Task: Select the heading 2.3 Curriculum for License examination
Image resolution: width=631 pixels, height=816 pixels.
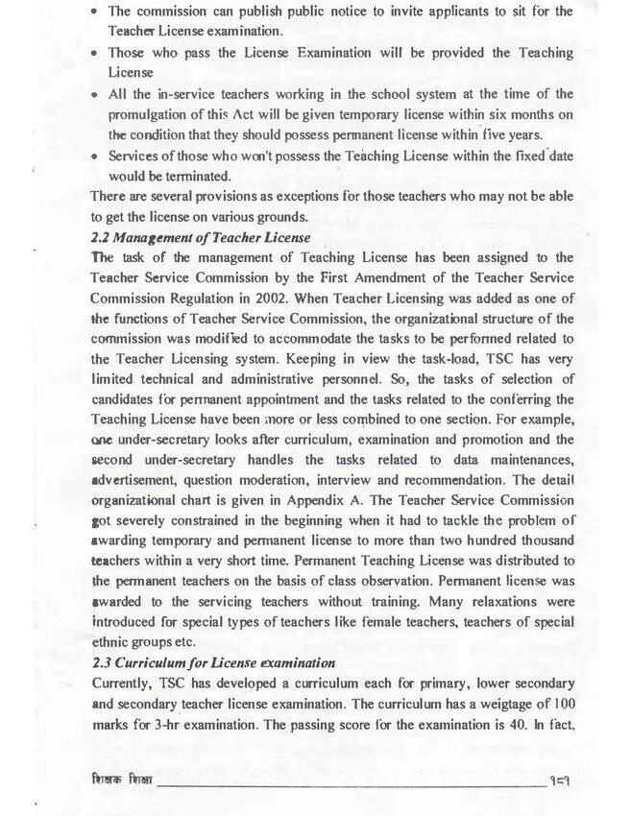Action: [212, 662]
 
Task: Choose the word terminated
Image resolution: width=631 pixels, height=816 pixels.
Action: [199, 178]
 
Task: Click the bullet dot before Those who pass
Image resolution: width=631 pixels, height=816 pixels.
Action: [97, 52]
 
